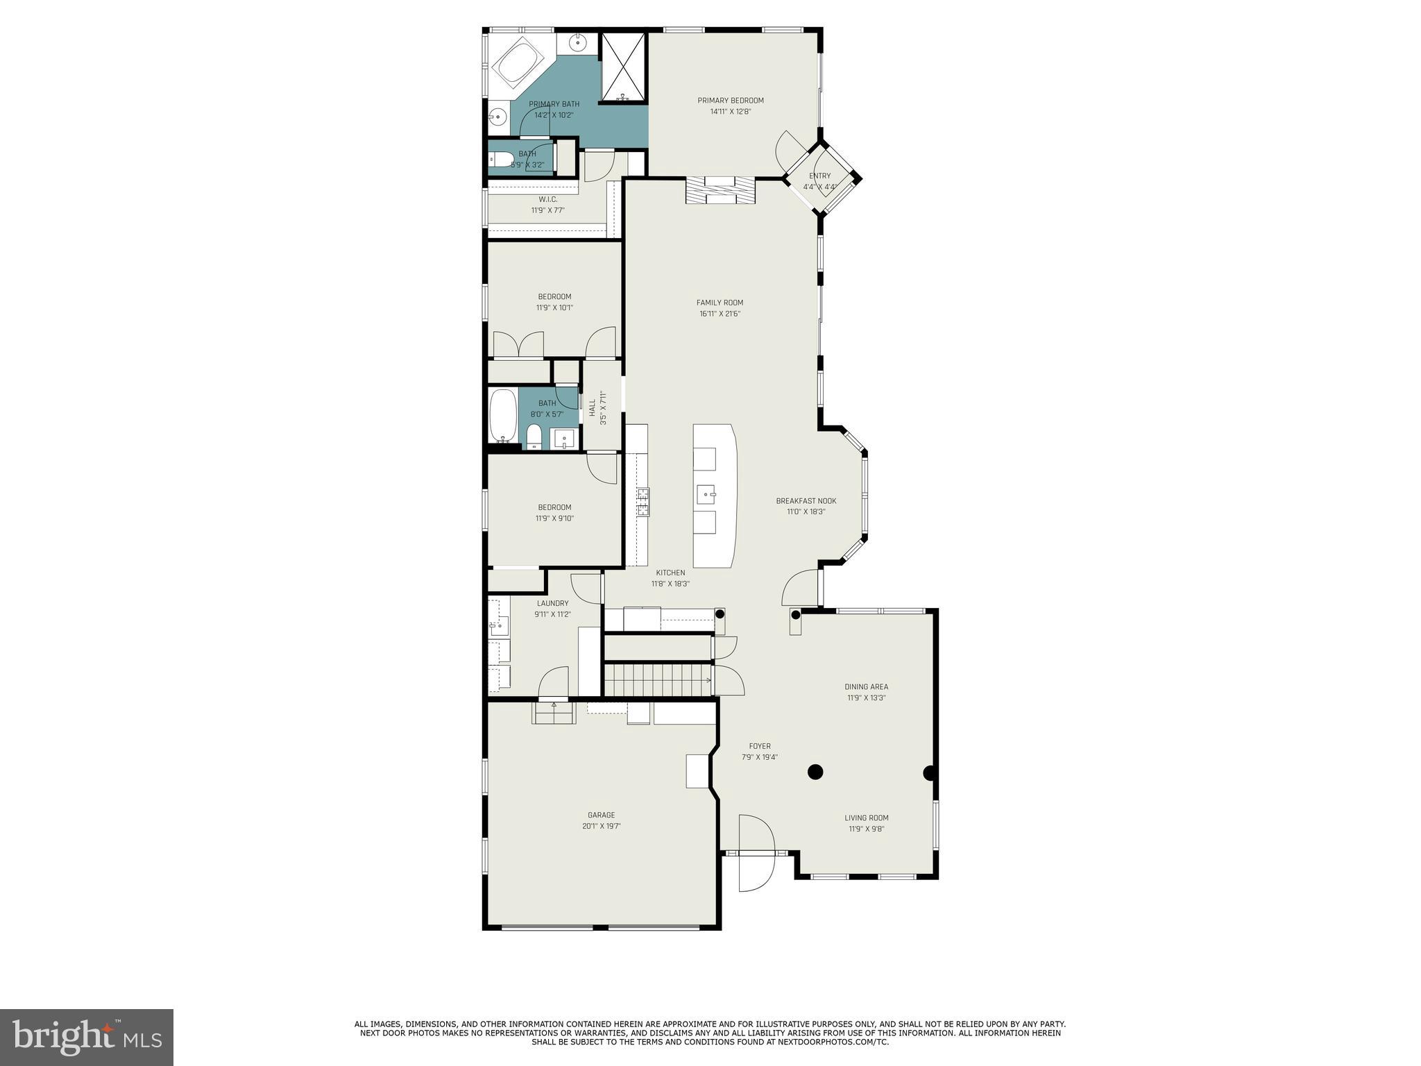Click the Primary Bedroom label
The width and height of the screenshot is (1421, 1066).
(x=730, y=101)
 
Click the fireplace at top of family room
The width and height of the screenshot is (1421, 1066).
(x=720, y=190)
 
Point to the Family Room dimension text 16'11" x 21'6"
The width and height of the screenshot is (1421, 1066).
(x=720, y=314)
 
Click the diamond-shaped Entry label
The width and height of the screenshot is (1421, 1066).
(x=819, y=176)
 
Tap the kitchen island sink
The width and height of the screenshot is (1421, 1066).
(x=707, y=496)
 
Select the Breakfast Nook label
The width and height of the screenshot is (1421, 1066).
(x=806, y=501)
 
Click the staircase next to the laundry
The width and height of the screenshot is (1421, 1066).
(x=658, y=679)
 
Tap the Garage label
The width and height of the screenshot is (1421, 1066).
(x=601, y=815)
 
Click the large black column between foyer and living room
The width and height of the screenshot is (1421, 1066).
(x=815, y=772)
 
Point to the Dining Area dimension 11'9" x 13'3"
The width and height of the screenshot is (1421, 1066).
(x=866, y=698)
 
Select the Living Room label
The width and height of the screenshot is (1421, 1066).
(x=866, y=818)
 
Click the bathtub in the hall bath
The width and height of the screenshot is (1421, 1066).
(x=503, y=416)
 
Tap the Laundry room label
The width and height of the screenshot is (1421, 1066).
(x=552, y=604)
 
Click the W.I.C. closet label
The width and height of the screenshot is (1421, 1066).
(x=547, y=200)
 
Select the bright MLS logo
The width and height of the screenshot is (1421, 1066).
(x=86, y=1037)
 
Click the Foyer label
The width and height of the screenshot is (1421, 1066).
(x=759, y=747)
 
